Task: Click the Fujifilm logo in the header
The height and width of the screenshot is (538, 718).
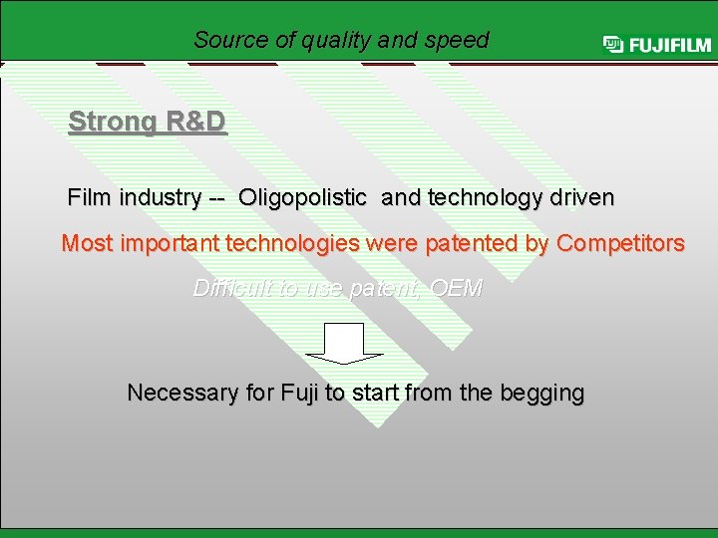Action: point(656,45)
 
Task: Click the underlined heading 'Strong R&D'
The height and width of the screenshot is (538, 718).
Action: point(148,123)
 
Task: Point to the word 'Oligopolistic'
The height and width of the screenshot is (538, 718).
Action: point(302,198)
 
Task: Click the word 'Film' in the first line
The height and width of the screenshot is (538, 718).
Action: point(90,197)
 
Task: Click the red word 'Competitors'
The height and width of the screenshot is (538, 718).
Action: point(620,244)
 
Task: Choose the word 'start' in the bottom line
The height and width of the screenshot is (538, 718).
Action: point(374,393)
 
